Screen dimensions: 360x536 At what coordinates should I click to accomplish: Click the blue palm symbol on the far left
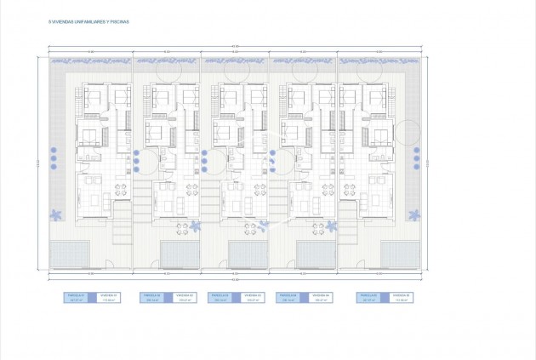click(57, 214)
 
